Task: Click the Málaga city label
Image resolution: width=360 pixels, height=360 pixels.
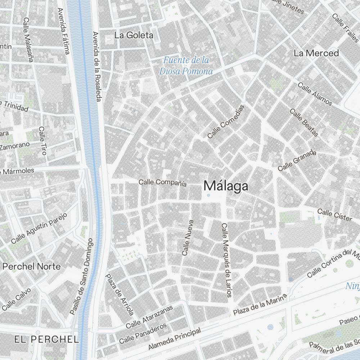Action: point(226,186)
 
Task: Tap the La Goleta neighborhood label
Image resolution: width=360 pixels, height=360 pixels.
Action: point(134,35)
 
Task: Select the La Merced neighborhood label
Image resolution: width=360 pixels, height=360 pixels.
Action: point(316,53)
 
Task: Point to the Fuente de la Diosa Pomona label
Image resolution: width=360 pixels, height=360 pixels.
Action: point(186,66)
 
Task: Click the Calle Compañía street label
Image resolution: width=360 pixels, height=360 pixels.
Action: point(163,183)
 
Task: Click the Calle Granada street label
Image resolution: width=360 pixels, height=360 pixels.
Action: point(297,161)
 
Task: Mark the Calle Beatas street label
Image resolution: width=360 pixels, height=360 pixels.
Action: point(304,123)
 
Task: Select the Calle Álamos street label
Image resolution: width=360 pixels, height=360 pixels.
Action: point(315,94)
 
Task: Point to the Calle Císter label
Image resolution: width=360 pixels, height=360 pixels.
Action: point(334,215)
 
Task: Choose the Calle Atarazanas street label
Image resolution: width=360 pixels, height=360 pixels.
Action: point(149,317)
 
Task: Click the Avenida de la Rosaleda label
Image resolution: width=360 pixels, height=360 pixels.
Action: point(96,66)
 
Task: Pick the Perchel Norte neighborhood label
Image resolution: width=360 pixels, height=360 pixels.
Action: point(32,266)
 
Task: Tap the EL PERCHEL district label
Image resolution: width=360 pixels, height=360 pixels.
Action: point(46,339)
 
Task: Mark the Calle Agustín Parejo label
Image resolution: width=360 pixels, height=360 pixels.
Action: point(39,228)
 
